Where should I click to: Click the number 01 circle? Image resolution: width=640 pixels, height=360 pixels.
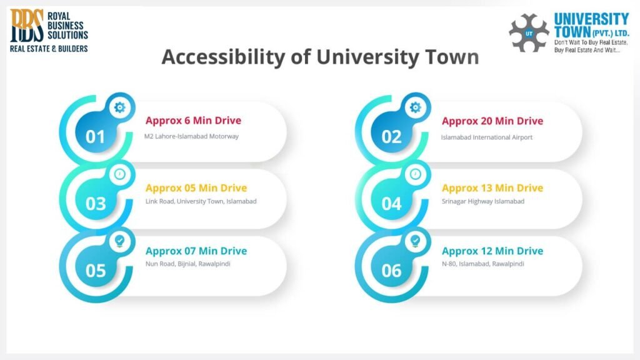96,136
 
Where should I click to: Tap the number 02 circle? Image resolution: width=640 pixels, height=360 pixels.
391,136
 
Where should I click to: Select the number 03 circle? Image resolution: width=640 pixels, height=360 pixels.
96,203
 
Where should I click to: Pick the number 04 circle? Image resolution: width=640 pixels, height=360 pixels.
391,203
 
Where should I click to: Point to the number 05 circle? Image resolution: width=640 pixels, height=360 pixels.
96,270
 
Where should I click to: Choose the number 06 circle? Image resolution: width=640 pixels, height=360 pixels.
391,270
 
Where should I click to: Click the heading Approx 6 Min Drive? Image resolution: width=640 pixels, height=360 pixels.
193,121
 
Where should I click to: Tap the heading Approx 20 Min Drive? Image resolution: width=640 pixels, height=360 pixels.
492,121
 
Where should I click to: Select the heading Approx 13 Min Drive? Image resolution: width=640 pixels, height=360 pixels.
492,187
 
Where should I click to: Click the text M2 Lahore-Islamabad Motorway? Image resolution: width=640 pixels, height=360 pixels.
191,136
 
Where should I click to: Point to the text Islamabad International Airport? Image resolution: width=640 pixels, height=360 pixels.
486,137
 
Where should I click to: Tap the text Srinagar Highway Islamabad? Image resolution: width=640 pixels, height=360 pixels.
482,201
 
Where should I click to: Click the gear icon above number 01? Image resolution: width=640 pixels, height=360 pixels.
119,107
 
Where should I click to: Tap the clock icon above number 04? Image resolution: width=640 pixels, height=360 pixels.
415,174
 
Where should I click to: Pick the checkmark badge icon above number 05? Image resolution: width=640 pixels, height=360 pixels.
119,240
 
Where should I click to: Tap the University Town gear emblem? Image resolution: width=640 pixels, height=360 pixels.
529,32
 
